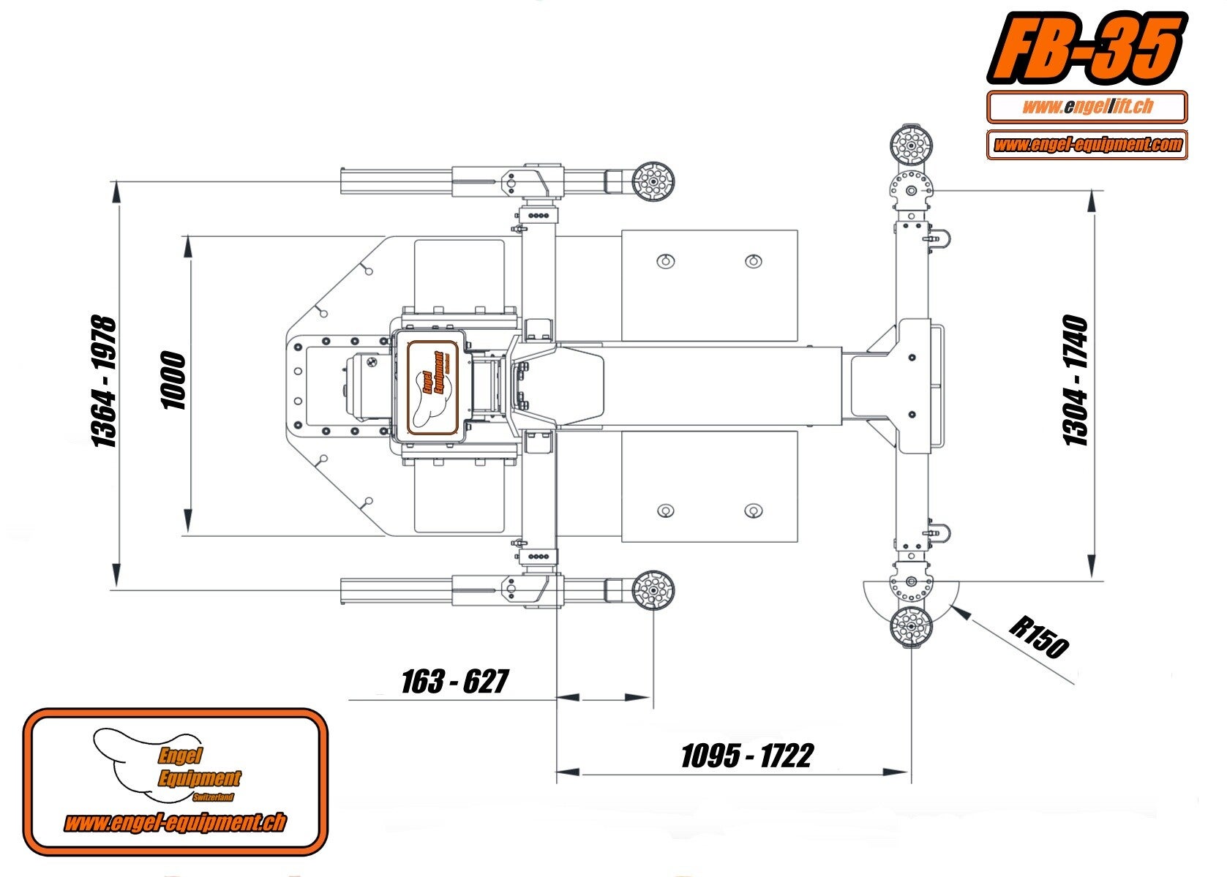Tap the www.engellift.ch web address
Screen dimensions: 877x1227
1087,107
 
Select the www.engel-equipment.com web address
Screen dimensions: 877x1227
1087,144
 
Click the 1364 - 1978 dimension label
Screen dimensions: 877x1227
103,381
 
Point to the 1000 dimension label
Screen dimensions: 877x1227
173,381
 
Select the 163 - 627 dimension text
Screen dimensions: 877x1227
454,681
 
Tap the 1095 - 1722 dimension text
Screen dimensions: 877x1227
746,756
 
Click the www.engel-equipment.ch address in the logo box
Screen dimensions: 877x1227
174,823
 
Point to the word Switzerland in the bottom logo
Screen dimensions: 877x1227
214,797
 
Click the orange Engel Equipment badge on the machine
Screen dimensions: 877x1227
432,387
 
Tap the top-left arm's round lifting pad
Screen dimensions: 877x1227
653,182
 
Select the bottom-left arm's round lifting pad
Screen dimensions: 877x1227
653,589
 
